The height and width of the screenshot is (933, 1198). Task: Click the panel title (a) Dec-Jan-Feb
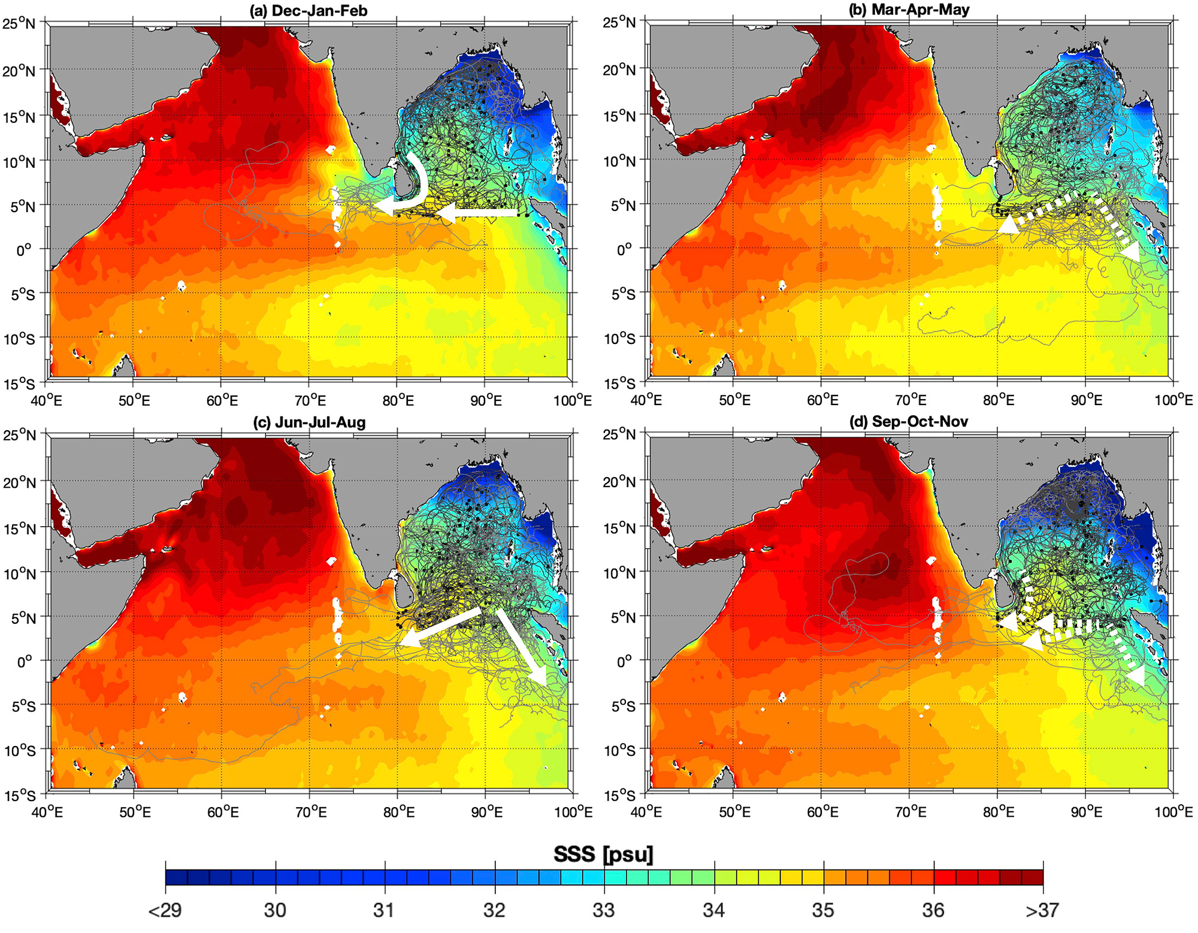[x=308, y=11]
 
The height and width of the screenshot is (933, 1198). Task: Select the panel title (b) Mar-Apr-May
[x=909, y=10]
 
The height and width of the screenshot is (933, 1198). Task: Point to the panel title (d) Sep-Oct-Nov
[x=908, y=421]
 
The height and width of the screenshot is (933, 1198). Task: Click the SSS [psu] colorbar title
[x=603, y=854]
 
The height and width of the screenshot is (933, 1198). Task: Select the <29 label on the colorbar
[x=165, y=910]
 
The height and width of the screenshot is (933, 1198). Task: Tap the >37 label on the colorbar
[x=1042, y=910]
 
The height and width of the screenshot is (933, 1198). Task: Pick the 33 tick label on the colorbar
[x=604, y=910]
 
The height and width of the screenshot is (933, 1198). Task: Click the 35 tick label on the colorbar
[x=823, y=910]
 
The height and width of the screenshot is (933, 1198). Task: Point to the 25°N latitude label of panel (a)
[x=20, y=25]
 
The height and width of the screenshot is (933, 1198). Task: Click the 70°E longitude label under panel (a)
[x=311, y=400]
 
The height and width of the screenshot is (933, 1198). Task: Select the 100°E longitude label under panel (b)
[x=1173, y=400]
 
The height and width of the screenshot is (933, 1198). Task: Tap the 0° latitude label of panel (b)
[x=624, y=249]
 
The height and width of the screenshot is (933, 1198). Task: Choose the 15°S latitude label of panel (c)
[x=20, y=795]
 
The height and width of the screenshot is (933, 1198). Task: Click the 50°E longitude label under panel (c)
[x=135, y=812]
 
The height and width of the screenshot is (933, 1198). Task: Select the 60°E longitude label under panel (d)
[x=822, y=812]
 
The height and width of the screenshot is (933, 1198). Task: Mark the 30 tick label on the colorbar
[x=275, y=910]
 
